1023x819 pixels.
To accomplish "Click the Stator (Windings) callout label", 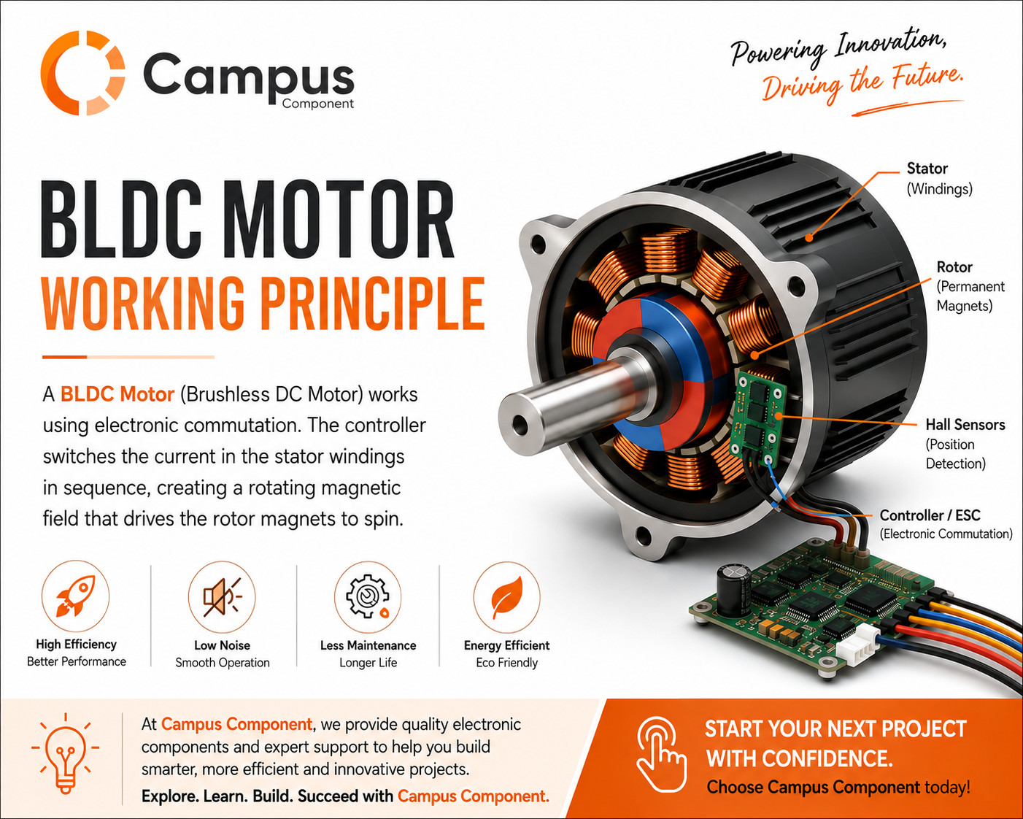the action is (939, 179).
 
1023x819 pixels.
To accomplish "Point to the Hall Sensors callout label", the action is (965, 444).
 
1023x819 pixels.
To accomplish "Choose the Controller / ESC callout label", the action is (946, 524).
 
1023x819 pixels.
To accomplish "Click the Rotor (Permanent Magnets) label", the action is (970, 286).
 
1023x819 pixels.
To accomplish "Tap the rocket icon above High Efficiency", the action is (76, 595).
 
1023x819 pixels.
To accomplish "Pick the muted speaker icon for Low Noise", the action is (222, 596).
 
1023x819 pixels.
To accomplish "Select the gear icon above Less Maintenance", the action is (368, 596).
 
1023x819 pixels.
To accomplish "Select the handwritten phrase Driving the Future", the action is (862, 84).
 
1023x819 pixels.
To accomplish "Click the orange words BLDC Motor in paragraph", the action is (117, 394).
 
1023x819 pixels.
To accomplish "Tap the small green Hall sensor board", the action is (757, 419).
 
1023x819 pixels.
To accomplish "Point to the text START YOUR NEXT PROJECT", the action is (835, 728).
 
